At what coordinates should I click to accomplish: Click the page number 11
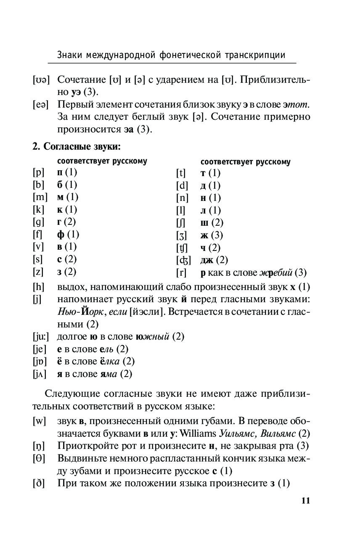click(x=305, y=500)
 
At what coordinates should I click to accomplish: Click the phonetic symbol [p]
click(x=38, y=172)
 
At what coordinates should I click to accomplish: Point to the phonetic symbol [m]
click(x=40, y=197)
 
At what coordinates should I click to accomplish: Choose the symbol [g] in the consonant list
click(x=38, y=222)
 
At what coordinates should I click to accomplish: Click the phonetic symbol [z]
click(x=38, y=272)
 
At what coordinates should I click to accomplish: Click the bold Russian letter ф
click(x=60, y=234)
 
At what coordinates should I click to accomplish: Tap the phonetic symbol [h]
click(x=38, y=287)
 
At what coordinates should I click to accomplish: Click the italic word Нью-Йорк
click(x=79, y=312)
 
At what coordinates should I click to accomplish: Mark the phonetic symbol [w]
click(x=39, y=421)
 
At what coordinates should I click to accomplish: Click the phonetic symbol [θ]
click(x=39, y=458)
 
